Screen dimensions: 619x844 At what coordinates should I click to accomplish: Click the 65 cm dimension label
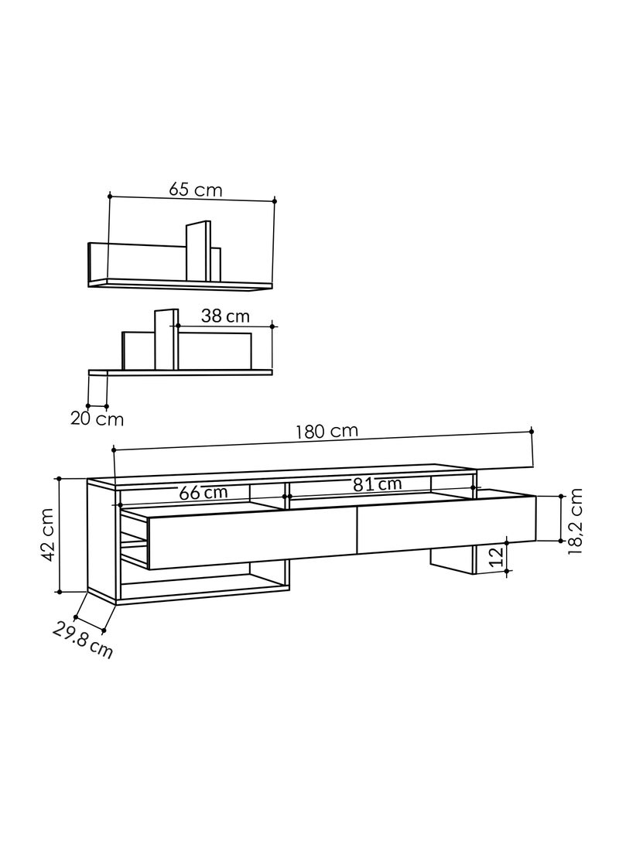coord(196,190)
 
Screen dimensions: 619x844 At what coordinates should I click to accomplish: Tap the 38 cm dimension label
coord(225,316)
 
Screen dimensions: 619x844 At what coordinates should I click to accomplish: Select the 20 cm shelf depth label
coord(97,419)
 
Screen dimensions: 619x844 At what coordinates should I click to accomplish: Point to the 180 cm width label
coord(327,431)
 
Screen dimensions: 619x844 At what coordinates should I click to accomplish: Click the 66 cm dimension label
coord(203,492)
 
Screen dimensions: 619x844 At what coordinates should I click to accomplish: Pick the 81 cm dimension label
coord(377,484)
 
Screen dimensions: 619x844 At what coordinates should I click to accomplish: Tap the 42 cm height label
coord(48,535)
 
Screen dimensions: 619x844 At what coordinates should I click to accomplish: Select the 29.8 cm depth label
coord(82,640)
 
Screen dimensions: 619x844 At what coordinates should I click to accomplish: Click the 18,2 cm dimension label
coord(575,521)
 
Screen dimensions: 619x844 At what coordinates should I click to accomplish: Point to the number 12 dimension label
coord(498,556)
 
